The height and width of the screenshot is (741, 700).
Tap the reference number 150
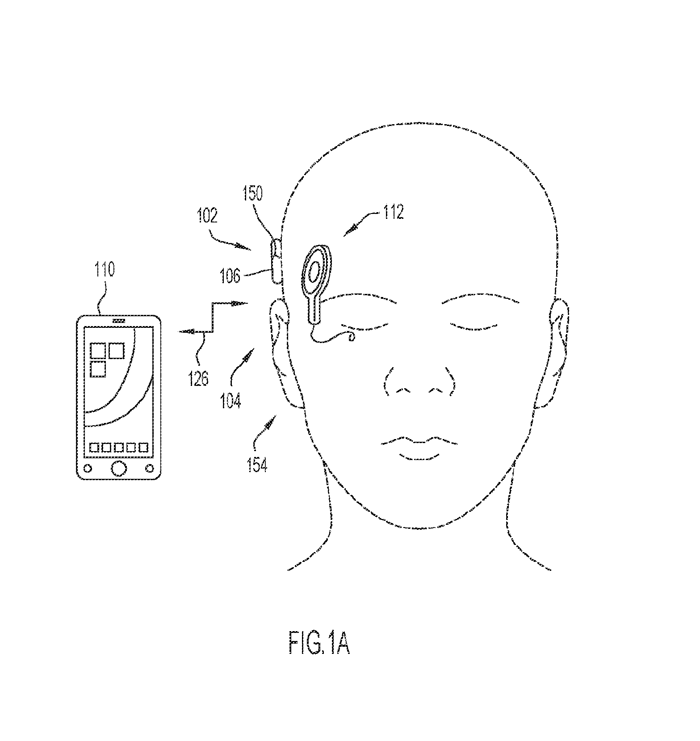click(x=252, y=193)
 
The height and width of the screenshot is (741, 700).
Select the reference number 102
click(x=207, y=216)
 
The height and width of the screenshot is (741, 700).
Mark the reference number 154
click(x=258, y=465)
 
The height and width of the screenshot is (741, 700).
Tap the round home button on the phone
click(x=119, y=468)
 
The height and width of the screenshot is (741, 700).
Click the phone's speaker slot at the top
click(x=119, y=321)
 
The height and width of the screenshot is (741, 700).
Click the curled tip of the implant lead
click(x=352, y=336)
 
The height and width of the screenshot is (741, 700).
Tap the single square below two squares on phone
click(x=98, y=369)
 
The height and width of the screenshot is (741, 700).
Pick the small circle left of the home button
click(x=88, y=469)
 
